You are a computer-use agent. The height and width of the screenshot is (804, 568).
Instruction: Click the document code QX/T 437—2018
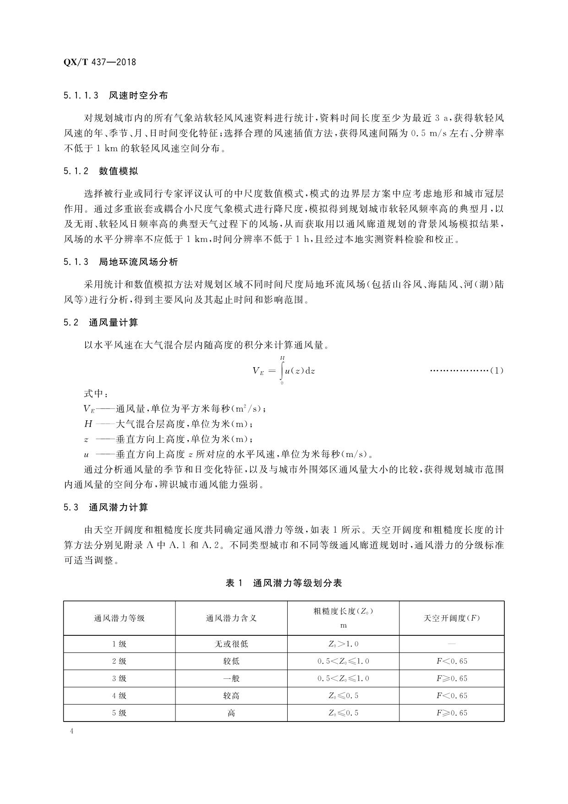pos(100,62)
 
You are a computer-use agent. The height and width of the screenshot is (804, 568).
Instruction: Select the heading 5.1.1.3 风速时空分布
pos(116,95)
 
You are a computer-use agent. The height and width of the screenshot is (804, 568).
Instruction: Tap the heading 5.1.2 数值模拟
pos(101,171)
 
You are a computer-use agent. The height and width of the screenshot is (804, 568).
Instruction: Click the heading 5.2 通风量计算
pos(101,322)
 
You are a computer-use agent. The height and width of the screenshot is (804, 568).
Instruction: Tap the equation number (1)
pos(497,370)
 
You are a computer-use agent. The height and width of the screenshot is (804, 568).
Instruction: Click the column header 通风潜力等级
pos(120,618)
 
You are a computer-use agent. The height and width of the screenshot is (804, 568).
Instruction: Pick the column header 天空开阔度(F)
pos(452,618)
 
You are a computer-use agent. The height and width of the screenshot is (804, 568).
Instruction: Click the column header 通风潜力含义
pos(231,618)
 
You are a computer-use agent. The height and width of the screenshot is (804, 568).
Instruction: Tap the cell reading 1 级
pos(120,644)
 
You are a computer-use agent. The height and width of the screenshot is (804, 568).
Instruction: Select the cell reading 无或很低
pos(231,644)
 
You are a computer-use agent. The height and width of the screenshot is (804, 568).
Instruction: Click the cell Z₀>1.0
pos(343,644)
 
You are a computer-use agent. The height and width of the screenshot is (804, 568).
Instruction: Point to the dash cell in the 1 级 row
pos(452,644)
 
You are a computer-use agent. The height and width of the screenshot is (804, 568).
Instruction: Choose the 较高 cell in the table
pos(231,695)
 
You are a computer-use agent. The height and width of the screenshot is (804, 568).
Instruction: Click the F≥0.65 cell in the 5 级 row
pos(452,713)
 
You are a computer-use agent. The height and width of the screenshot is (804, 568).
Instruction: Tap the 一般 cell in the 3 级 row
pos(231,678)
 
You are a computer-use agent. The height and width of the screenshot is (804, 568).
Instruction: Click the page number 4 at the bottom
pos(71,731)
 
